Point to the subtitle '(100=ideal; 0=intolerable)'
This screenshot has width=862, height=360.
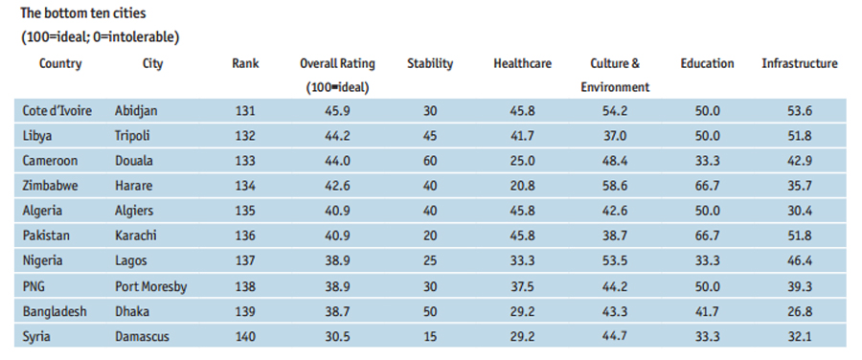tap(100, 37)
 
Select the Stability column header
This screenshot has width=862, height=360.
tap(429, 64)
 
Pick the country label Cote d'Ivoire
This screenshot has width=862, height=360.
tap(57, 110)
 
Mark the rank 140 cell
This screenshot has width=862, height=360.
tap(245, 335)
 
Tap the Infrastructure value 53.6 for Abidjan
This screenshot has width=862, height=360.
tap(799, 110)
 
